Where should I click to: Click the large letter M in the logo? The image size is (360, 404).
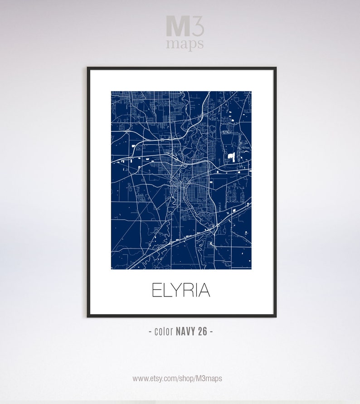click(x=177, y=26)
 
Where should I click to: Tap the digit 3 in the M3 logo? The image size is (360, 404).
click(x=198, y=26)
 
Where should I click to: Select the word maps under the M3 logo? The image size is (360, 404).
click(x=185, y=44)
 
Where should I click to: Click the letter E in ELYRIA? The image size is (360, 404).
click(x=156, y=290)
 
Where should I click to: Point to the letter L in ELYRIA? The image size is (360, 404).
click(x=166, y=290)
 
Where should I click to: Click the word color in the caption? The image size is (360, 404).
click(x=164, y=331)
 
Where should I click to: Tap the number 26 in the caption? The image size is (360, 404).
click(x=202, y=331)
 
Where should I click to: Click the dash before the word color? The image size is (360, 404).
click(x=151, y=331)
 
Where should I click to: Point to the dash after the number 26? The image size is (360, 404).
click(x=211, y=331)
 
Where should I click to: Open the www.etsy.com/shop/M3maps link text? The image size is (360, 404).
click(x=177, y=378)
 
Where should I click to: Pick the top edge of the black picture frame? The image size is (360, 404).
click(x=181, y=68)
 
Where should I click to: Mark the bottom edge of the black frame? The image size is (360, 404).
click(x=181, y=316)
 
